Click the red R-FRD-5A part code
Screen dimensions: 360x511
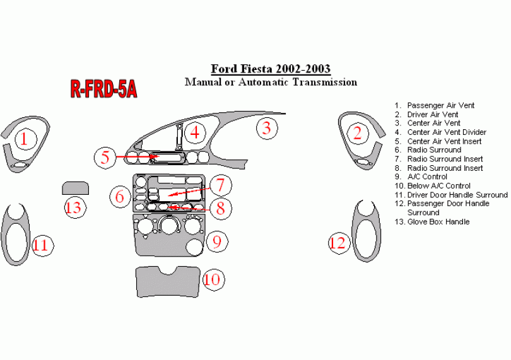point(103,90)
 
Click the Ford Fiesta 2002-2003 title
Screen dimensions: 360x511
point(270,69)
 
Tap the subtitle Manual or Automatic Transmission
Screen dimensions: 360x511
point(270,82)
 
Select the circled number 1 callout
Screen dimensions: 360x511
point(24,137)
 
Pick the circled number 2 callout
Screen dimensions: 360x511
point(358,133)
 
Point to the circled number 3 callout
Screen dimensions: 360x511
point(267,129)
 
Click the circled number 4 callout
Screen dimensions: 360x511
point(196,132)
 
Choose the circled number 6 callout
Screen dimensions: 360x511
point(119,196)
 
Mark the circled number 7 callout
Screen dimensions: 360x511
point(220,185)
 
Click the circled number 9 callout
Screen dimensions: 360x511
point(216,241)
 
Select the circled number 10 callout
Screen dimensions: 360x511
point(213,278)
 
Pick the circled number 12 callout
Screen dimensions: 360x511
point(339,242)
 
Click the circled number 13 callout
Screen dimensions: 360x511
point(74,206)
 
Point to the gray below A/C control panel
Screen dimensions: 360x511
point(167,281)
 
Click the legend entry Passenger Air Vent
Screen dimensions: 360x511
point(440,105)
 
